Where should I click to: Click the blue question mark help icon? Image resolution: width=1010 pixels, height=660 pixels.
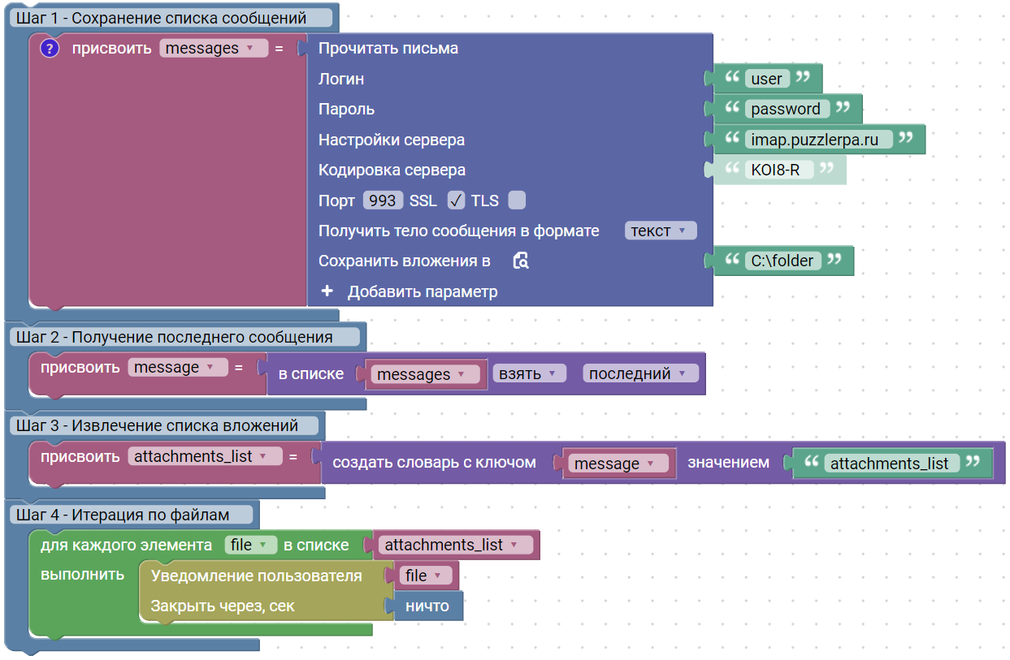pyautogui.click(x=50, y=48)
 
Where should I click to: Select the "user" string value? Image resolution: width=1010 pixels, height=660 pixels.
pyautogui.click(x=766, y=79)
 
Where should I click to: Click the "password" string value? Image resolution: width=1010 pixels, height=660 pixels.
pyautogui.click(x=786, y=109)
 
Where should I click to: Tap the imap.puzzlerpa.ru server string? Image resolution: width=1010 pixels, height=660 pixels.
pyautogui.click(x=815, y=140)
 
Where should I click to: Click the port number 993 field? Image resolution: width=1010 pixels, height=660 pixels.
pyautogui.click(x=383, y=201)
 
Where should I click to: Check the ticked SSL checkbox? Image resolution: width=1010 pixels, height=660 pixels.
pyautogui.click(x=456, y=201)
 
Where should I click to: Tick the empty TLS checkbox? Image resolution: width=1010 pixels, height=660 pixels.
pyautogui.click(x=516, y=201)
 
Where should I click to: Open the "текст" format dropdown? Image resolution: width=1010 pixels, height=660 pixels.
pyautogui.click(x=661, y=231)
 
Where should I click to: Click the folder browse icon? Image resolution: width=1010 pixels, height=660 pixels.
pyautogui.click(x=522, y=261)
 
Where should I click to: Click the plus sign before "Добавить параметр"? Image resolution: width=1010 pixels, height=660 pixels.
pyautogui.click(x=327, y=291)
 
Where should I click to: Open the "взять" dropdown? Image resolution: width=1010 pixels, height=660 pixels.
pyautogui.click(x=528, y=374)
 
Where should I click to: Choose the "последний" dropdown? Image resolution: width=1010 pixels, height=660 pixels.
pyautogui.click(x=639, y=374)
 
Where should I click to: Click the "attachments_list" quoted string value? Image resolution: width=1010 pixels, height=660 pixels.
pyautogui.click(x=891, y=464)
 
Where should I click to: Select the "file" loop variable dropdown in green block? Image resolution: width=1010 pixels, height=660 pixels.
pyautogui.click(x=251, y=545)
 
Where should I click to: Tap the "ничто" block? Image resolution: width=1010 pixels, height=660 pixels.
pyautogui.click(x=427, y=606)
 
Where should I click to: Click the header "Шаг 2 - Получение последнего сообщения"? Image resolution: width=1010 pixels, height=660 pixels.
pyautogui.click(x=174, y=337)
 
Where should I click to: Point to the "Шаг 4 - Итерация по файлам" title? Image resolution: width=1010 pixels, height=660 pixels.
pyautogui.click(x=123, y=515)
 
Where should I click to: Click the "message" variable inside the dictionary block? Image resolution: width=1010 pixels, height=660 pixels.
pyautogui.click(x=614, y=464)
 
